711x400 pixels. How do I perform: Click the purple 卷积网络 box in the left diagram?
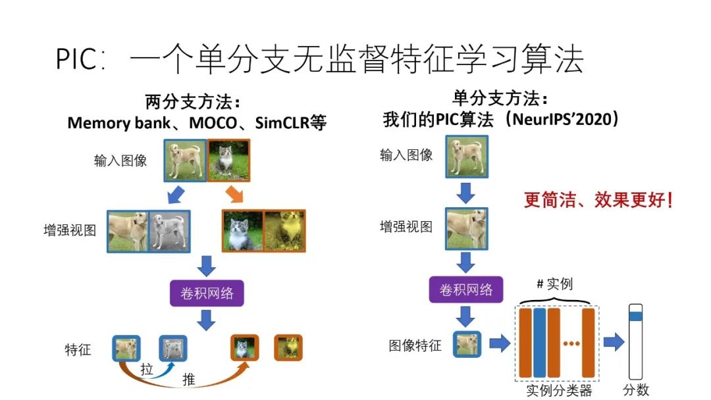(207, 293)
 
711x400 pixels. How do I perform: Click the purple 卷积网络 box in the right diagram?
(466, 289)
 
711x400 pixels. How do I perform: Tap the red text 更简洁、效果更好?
(598, 200)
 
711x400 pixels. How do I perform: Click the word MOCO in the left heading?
(210, 123)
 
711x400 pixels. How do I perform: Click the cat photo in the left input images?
(228, 161)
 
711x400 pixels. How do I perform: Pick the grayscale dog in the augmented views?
(170, 232)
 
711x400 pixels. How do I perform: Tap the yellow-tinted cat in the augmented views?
(284, 232)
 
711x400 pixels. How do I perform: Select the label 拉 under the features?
(146, 370)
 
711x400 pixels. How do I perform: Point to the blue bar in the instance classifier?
(540, 343)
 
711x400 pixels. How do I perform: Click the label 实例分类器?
(559, 391)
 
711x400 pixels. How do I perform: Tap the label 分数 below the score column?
(636, 390)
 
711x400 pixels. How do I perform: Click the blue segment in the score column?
(636, 316)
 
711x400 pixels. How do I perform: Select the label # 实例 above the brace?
(555, 284)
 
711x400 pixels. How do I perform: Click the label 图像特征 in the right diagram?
(415, 345)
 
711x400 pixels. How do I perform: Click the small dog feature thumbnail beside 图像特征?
(467, 344)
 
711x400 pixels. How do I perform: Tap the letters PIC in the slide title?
(78, 61)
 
